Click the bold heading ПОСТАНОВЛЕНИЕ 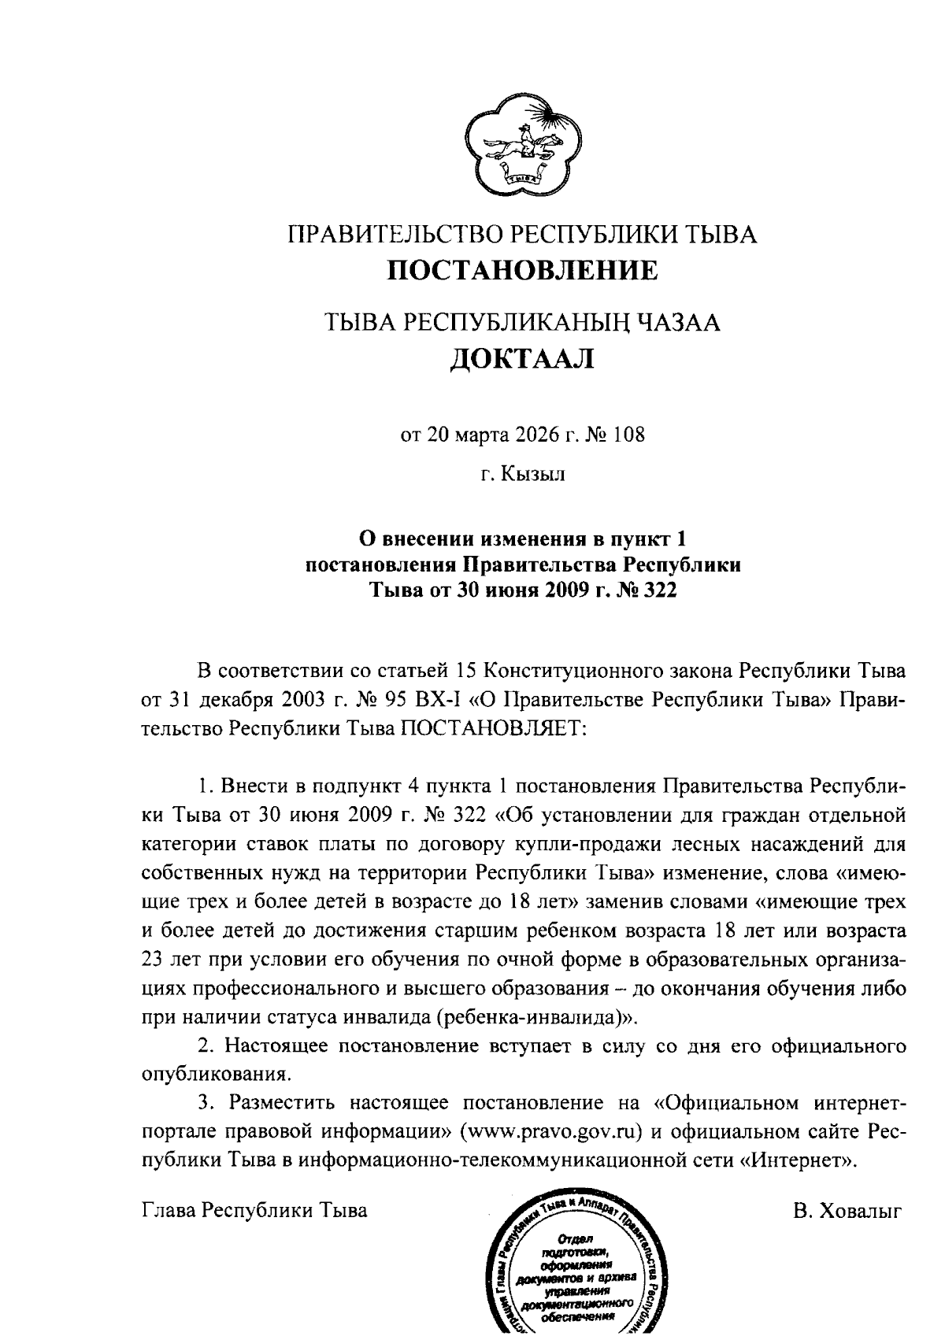point(524,271)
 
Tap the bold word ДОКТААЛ point(523,360)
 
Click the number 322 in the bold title point(659,590)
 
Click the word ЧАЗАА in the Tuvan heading point(678,323)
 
